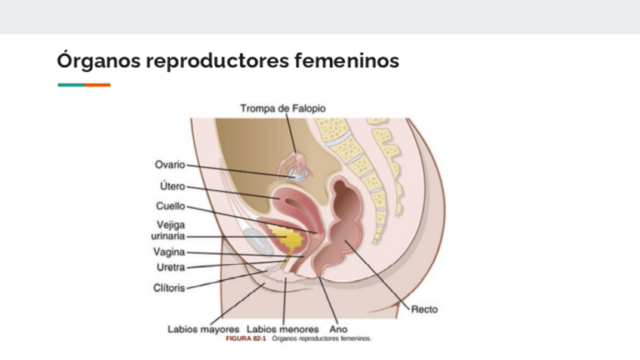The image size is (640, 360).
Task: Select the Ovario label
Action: pos(170,165)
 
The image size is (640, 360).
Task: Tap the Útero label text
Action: pos(171,186)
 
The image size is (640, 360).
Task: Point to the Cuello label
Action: pos(170,206)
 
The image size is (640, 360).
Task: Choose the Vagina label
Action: pos(169,252)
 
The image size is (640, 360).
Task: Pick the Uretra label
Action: pos(170,266)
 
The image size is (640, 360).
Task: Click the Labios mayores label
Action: pos(203,329)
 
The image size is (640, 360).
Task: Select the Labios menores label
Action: pos(282,329)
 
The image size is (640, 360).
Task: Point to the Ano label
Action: pos(338,329)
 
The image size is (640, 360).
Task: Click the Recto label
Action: pos(424,309)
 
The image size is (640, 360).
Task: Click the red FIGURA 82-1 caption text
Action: pos(246,339)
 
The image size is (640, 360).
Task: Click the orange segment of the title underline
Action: pos(97,85)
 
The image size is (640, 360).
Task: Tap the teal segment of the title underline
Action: pos(71,85)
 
